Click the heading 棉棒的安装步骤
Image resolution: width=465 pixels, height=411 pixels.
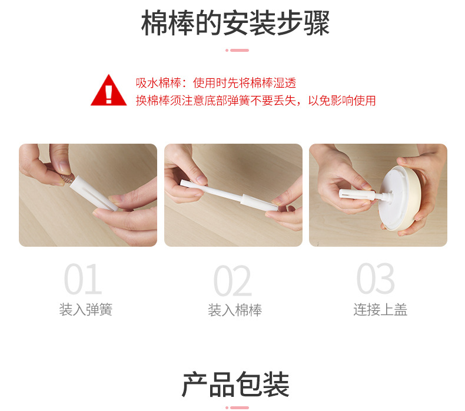(x=235, y=24)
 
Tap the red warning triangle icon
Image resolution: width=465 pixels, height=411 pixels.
(x=108, y=91)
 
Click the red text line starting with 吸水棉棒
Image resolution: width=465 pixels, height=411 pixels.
(x=215, y=83)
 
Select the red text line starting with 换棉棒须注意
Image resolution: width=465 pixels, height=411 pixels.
(x=255, y=100)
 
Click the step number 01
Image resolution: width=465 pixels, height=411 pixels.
(x=82, y=280)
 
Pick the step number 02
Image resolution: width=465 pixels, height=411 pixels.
(x=232, y=281)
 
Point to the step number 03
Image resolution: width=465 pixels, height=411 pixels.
(x=376, y=279)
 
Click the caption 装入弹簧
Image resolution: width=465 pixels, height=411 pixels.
(x=85, y=310)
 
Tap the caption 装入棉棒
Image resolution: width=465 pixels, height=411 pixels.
(x=234, y=310)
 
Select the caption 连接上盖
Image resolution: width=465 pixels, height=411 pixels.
(x=380, y=310)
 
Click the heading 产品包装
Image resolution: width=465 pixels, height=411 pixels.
(x=235, y=385)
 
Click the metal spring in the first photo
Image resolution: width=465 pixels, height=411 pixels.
(x=67, y=176)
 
